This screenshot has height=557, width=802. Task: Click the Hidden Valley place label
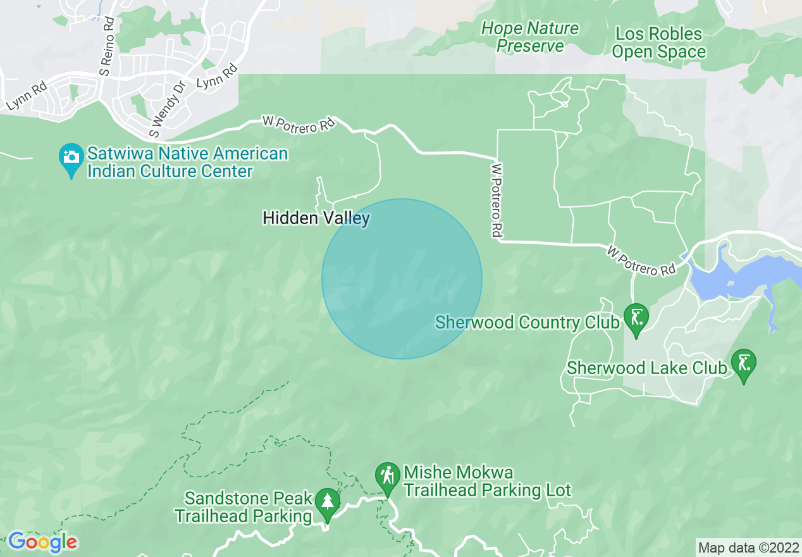[x=316, y=218]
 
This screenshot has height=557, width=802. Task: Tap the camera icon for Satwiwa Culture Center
[x=71, y=158]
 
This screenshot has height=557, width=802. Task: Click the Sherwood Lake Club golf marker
[x=743, y=363]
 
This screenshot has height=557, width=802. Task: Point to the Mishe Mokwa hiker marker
[x=387, y=476]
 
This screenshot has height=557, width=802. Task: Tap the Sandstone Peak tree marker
[x=327, y=503]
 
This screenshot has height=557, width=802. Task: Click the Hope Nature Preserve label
[x=529, y=37]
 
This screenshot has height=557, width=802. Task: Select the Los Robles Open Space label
[x=658, y=42]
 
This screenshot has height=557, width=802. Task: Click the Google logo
[x=42, y=542]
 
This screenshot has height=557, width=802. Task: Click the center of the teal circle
[x=402, y=278]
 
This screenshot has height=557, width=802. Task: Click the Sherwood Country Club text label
[x=527, y=322]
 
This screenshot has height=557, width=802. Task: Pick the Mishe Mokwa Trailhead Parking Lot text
[x=487, y=481]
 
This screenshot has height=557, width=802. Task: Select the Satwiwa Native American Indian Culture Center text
[x=187, y=162]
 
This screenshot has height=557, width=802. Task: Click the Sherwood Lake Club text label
[x=646, y=368]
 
